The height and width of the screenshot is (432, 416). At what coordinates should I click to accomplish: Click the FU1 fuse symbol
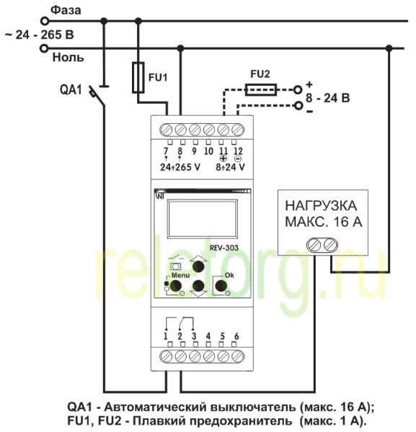[138, 78]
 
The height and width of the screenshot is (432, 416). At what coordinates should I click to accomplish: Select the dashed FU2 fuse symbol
[261, 90]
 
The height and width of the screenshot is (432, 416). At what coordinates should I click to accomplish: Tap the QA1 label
[71, 90]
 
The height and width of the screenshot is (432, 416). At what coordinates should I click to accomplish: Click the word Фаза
[66, 11]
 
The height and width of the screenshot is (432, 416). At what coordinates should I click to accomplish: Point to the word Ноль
[68, 58]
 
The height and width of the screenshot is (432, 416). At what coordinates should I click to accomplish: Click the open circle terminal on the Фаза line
[45, 21]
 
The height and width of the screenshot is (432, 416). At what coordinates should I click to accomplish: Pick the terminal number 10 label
[208, 151]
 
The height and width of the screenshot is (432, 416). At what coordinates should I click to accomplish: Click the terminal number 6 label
[236, 336]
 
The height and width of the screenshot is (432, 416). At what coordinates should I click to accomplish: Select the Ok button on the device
[221, 286]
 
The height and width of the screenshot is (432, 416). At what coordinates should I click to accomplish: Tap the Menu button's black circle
[175, 286]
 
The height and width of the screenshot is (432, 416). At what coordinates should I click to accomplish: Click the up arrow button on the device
[198, 266]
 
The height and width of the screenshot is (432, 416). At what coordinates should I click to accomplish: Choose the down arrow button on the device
[198, 286]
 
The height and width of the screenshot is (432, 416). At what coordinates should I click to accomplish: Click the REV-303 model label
[224, 248]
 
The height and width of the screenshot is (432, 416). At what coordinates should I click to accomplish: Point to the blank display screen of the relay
[202, 219]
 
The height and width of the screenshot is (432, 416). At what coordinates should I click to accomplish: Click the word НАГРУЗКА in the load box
[321, 206]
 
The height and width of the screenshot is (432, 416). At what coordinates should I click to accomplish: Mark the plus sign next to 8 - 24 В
[309, 84]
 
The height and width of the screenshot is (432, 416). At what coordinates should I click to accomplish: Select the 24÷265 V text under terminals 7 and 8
[180, 167]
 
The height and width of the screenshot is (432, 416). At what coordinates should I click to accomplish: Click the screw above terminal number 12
[237, 130]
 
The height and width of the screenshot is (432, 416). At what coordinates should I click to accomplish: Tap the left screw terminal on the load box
[314, 245]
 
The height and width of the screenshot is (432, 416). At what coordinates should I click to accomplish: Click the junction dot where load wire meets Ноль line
[389, 48]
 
